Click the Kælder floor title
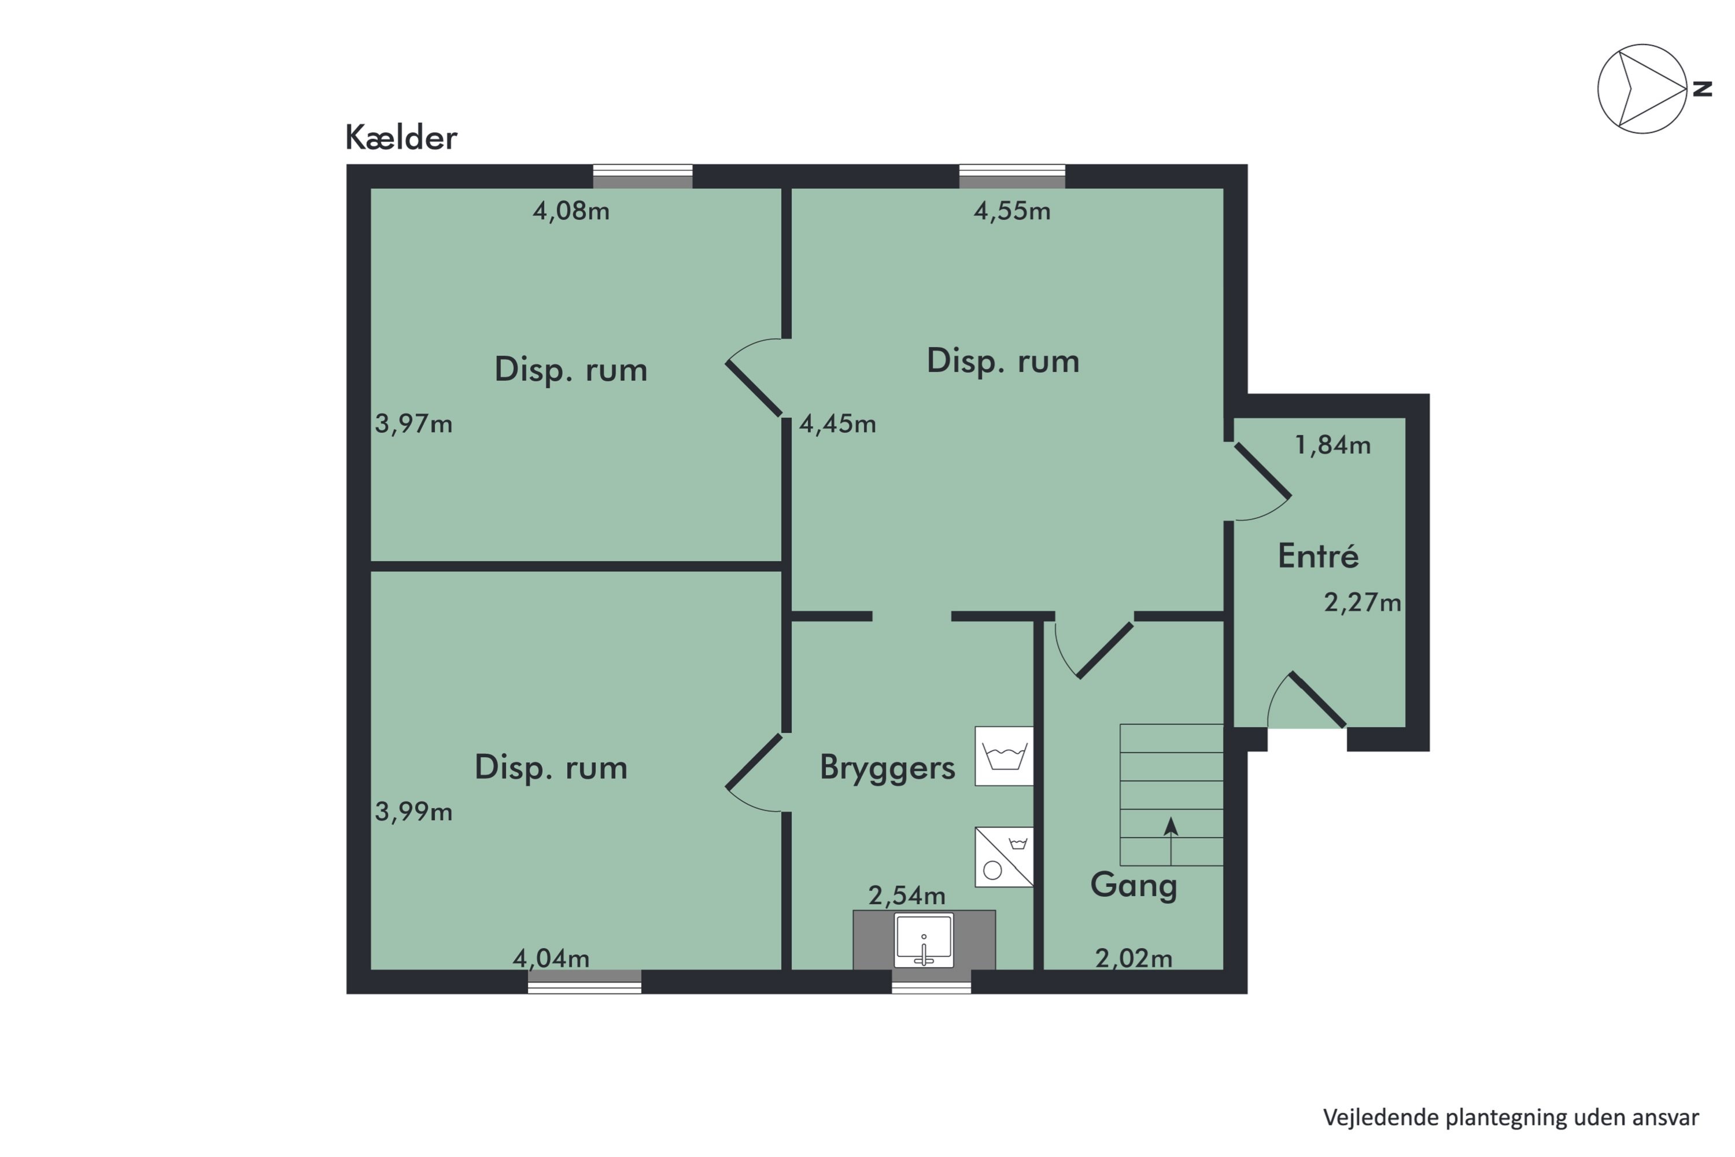(x=401, y=138)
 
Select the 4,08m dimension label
(x=571, y=212)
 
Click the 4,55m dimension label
(x=1012, y=212)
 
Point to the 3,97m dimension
(x=413, y=424)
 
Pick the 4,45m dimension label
(x=837, y=424)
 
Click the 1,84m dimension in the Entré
(x=1333, y=445)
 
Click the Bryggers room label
(x=887, y=768)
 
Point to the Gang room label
(x=1133, y=885)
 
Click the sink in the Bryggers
(x=924, y=941)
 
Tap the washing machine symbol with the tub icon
(x=1003, y=756)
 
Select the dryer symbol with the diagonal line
(x=1003, y=857)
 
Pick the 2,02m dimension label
(x=1133, y=959)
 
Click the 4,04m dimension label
(x=551, y=959)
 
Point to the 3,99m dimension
(x=413, y=812)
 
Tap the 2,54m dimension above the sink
(x=907, y=896)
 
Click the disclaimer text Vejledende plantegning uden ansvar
(x=1511, y=1118)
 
